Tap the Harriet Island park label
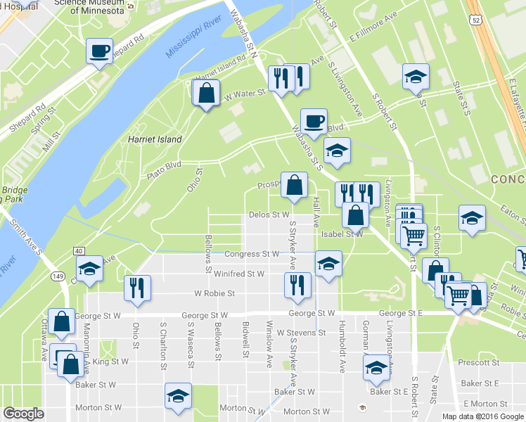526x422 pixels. point(155,139)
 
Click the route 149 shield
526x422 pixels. point(59,275)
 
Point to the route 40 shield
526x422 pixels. point(77,251)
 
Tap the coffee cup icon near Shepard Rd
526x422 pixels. point(100,51)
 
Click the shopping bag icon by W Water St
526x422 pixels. point(205,94)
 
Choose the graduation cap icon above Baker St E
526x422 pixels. point(376,367)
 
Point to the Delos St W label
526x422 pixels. point(269,215)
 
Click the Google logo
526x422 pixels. point(23,414)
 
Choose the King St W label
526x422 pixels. point(111,362)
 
